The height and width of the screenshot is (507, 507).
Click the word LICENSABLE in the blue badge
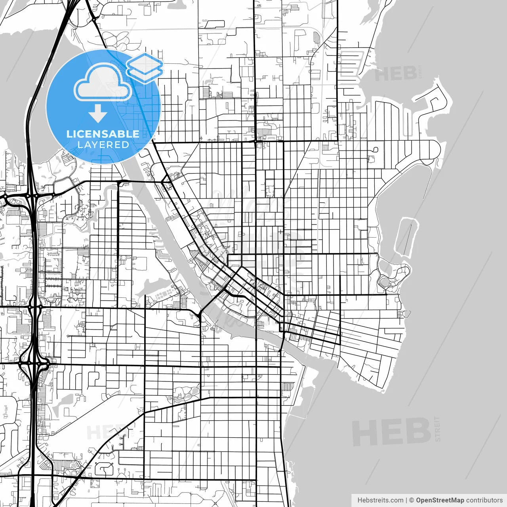coord(103,134)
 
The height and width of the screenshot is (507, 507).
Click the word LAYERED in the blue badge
coord(103,145)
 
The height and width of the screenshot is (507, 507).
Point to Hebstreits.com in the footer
coord(380,500)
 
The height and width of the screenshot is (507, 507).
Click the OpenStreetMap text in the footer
coord(440,500)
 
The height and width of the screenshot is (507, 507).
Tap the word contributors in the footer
coord(484,500)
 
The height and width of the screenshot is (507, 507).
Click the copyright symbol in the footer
coord(411,500)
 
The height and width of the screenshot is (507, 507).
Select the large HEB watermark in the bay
coord(391,432)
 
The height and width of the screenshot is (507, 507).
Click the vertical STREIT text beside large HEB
coord(437,429)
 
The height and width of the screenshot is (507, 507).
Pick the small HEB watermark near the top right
coord(395,74)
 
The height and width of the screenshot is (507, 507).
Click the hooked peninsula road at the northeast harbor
coord(436,99)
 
